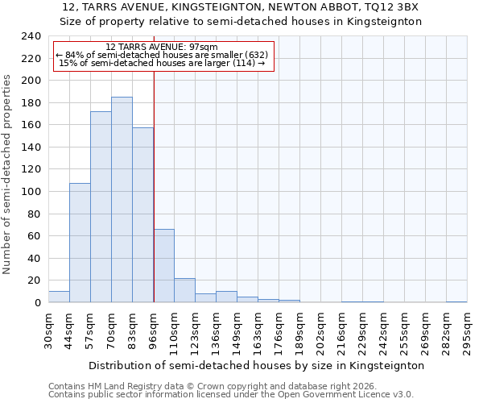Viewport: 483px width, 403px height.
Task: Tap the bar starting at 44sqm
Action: pyautogui.click(x=80, y=243)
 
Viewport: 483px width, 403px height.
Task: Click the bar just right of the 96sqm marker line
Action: pyautogui.click(x=163, y=266)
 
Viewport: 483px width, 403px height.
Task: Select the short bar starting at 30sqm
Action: pyautogui.click(x=59, y=297)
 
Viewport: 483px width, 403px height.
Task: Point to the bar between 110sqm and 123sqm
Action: pyautogui.click(x=184, y=290)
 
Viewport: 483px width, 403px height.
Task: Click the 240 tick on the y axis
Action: pyautogui.click(x=31, y=36)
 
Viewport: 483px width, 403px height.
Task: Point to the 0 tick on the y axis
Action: pyautogui.click(x=37, y=303)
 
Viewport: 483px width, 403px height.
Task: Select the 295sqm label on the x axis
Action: pyautogui.click(x=467, y=330)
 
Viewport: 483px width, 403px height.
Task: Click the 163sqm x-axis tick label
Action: pyautogui.click(x=258, y=330)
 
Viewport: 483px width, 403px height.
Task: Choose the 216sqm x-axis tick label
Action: pyautogui.click(x=341, y=330)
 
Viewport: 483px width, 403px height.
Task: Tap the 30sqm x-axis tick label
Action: pyautogui.click(x=48, y=330)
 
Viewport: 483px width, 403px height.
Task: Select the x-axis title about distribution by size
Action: pyautogui.click(x=256, y=365)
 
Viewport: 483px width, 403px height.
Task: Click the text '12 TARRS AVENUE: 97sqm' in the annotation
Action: pyautogui.click(x=162, y=48)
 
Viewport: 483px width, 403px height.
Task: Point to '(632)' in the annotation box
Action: pyautogui.click(x=252, y=55)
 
